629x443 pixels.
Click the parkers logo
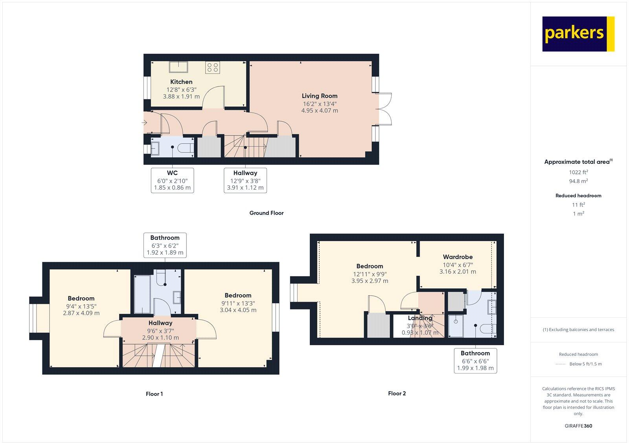pos(578,34)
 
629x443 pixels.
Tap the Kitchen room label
pos(181,82)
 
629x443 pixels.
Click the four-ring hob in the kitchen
pos(213,67)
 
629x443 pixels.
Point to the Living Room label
pos(320,96)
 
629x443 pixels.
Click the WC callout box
pos(172,180)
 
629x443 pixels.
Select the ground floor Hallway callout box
pos(245,180)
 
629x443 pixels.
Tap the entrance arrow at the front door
pos(144,123)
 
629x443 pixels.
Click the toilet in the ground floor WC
pos(185,148)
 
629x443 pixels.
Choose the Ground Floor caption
pos(266,213)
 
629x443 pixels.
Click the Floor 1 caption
pos(154,394)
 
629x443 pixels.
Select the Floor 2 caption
pos(397,394)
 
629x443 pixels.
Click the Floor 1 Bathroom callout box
pos(165,245)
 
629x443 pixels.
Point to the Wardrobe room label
pos(458,257)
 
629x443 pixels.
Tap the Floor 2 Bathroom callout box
pos(475,361)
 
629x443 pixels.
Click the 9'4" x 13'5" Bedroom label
pos(81,306)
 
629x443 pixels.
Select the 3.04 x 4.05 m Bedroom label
pos(238,310)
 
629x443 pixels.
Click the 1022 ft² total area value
pos(578,172)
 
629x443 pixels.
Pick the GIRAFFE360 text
pos(578,426)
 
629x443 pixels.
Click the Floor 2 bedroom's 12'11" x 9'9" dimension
pos(370,274)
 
